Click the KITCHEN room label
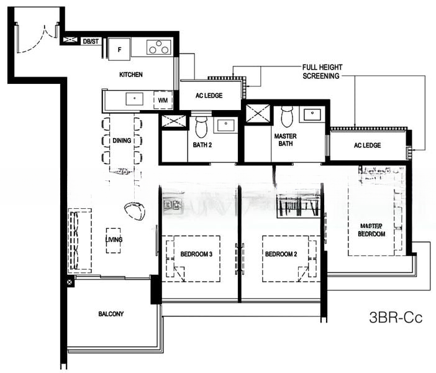point(130,75)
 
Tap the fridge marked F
point(119,49)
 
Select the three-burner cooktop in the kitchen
point(159,47)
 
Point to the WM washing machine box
point(163,100)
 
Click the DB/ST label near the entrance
point(91,42)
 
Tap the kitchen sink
point(135,99)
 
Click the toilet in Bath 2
point(201,127)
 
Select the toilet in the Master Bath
point(287,116)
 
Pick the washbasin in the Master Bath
point(312,114)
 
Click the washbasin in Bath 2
point(225,125)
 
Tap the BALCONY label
point(111,314)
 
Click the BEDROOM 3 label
point(196,254)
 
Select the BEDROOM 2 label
point(281,254)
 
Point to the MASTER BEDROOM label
point(371,230)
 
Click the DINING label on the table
point(122,140)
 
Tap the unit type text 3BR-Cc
point(396,317)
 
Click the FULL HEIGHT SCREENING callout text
point(322,71)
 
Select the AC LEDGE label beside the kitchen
point(209,96)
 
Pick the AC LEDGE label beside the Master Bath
point(367,145)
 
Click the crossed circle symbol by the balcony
point(70,282)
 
